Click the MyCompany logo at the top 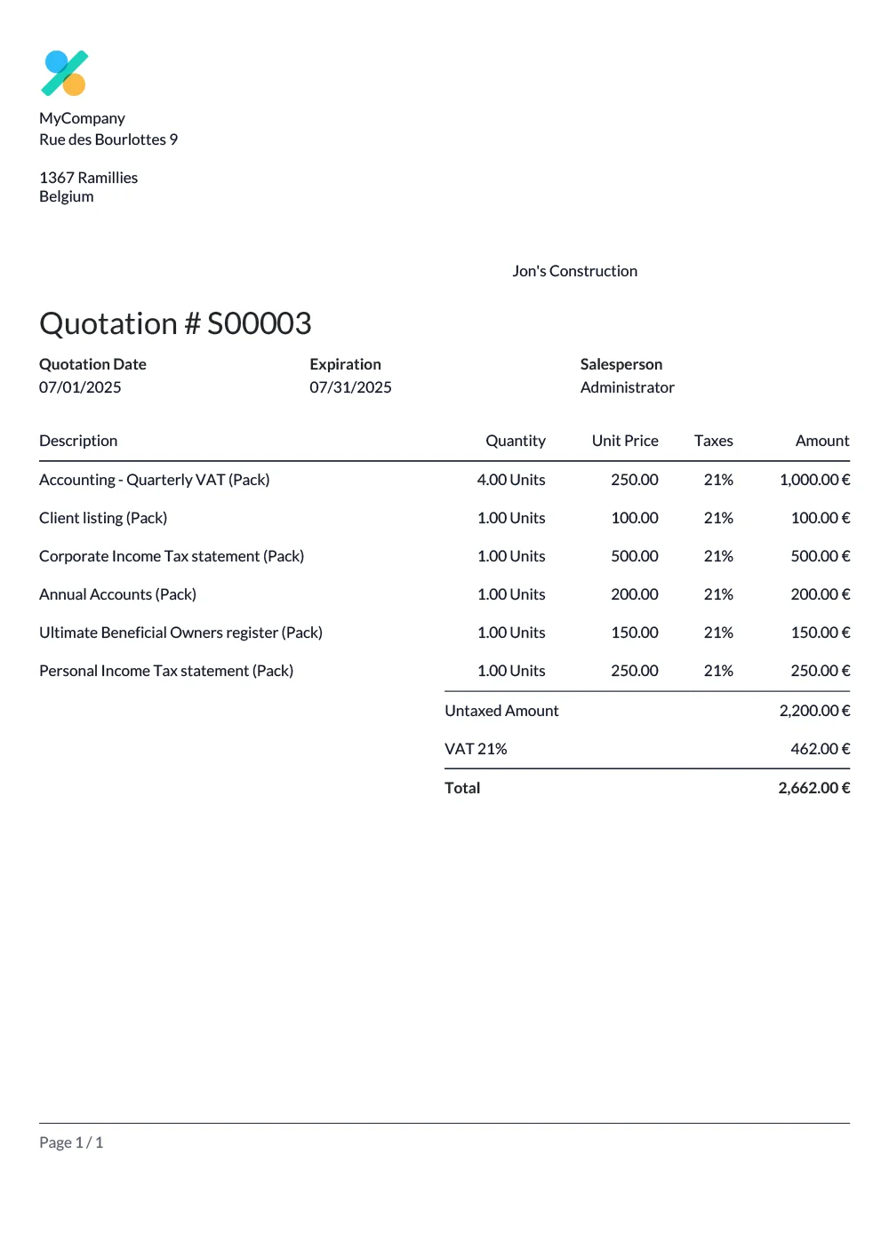point(64,73)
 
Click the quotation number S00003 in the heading point(259,323)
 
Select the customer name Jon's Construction point(574,271)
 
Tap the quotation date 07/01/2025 point(80,387)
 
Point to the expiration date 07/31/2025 point(350,387)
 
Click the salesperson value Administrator point(627,387)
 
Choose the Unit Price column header point(625,441)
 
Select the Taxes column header point(713,441)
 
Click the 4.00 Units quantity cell point(511,480)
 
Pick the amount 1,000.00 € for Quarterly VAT point(814,480)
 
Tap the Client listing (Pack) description point(103,518)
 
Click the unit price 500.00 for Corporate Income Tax point(635,556)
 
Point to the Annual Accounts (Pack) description point(117,594)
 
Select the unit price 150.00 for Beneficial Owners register point(635,632)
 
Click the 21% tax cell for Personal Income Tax point(718,671)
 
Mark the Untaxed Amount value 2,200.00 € point(814,711)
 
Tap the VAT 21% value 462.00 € point(820,749)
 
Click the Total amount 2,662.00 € point(813,788)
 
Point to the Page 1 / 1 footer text point(71,1142)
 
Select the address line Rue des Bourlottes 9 point(108,139)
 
